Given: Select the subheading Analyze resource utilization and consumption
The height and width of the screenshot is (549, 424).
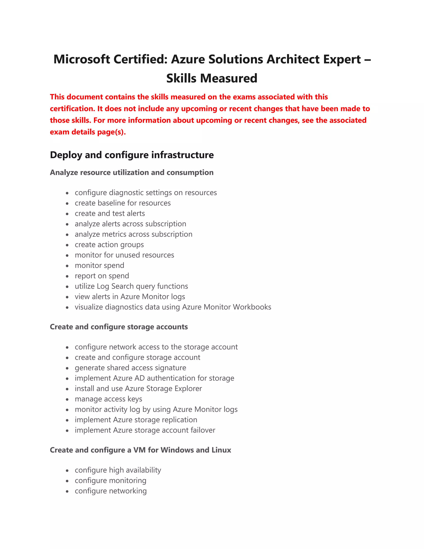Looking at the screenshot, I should [x=132, y=172].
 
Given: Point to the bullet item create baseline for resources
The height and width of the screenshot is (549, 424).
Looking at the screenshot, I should [x=123, y=203].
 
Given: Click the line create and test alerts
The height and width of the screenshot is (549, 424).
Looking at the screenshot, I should [x=110, y=213].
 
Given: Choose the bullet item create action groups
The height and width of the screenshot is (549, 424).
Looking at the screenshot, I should [x=109, y=245].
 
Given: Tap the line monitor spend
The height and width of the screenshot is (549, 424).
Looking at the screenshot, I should [x=99, y=265].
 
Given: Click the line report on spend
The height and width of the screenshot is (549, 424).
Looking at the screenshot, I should [x=102, y=276].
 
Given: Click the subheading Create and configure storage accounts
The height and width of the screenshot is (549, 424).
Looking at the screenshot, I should [x=119, y=327].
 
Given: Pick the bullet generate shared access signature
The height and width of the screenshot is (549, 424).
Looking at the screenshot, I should [x=130, y=368].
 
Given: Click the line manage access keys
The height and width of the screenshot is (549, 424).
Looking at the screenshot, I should [x=108, y=399].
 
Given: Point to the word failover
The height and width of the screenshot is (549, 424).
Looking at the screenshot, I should [x=203, y=430].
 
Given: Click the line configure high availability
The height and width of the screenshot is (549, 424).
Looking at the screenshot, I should [x=118, y=470].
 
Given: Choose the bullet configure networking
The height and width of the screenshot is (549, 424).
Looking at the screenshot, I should [x=111, y=491].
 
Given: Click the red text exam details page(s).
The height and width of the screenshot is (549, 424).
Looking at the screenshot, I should [x=88, y=132].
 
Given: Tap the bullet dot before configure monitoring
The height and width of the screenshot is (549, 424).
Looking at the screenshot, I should [x=67, y=481].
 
